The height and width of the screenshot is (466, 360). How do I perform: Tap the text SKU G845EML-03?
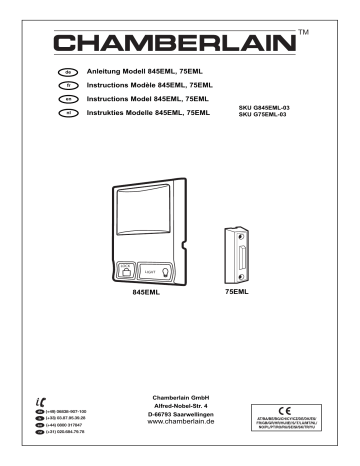(265, 107)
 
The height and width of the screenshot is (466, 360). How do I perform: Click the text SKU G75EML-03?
(263, 115)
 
